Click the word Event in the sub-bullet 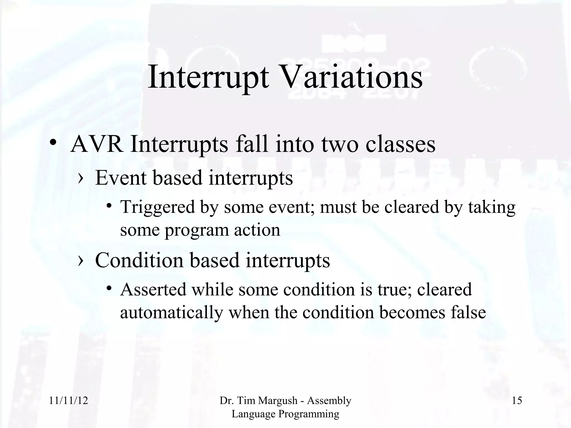point(120,177)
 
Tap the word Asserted point(153,289)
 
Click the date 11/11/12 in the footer point(68,401)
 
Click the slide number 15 point(517,401)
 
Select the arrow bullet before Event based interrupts point(81,178)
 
